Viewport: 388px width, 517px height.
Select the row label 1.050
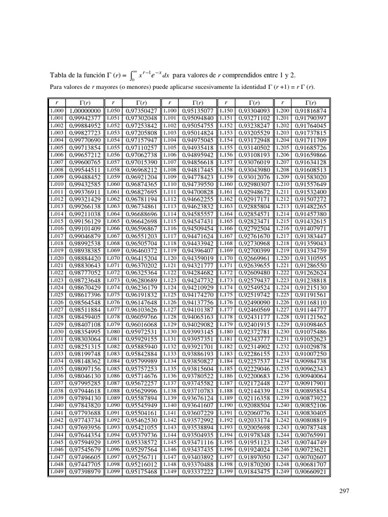[113, 111]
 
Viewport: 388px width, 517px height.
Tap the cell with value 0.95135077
[197, 111]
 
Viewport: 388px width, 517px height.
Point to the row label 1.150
[226, 111]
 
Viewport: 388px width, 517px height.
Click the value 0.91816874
[310, 111]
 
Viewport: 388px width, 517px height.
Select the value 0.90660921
[310, 472]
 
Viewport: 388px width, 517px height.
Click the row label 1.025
[57, 295]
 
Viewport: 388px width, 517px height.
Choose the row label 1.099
[113, 472]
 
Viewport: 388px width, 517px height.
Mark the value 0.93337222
[197, 472]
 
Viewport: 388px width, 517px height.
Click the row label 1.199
[226, 472]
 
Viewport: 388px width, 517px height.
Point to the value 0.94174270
[197, 295]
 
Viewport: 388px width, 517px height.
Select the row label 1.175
[226, 295]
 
